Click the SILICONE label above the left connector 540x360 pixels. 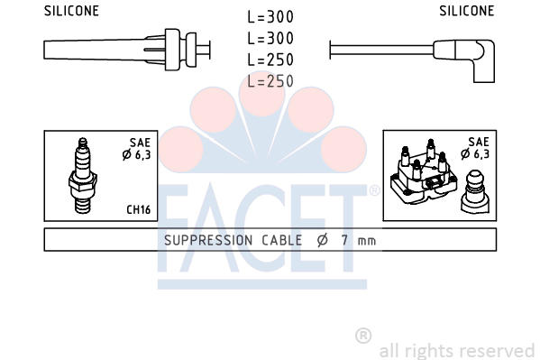pyautogui.click(x=71, y=11)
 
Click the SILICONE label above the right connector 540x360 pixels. pyautogui.click(x=467, y=11)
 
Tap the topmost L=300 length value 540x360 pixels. pyautogui.click(x=270, y=17)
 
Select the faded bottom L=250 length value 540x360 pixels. pyautogui.click(x=270, y=81)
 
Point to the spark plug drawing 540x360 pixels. pyautogui.click(x=83, y=176)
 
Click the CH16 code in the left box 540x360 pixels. pyautogui.click(x=139, y=209)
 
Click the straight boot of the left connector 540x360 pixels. pyautogui.click(x=104, y=50)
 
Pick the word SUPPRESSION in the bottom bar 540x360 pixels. pyautogui.click(x=208, y=240)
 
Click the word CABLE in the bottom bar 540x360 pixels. pyautogui.click(x=281, y=240)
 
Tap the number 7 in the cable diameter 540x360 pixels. pyautogui.click(x=344, y=240)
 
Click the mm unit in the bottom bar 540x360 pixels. pyautogui.click(x=367, y=241)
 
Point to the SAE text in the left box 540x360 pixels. pyautogui.click(x=140, y=143)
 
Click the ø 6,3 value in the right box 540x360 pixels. pyautogui.click(x=475, y=153)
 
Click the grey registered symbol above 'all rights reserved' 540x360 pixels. pyautogui.click(x=363, y=336)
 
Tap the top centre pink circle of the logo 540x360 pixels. pyautogui.click(x=262, y=93)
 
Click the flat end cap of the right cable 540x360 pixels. pyautogui.click(x=330, y=50)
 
